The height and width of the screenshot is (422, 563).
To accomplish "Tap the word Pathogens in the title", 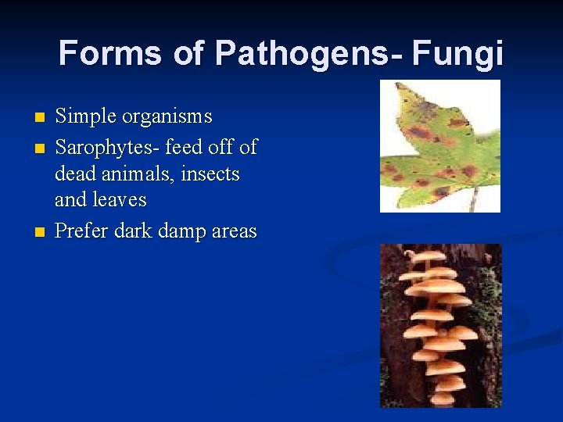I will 301,53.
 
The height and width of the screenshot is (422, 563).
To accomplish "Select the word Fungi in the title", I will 457,53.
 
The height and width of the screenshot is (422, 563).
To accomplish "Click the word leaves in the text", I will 122,199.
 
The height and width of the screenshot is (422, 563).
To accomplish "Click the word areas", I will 233,231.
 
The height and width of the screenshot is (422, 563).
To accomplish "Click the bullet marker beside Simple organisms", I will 40,118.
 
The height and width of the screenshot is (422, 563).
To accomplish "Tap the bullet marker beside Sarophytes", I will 40,148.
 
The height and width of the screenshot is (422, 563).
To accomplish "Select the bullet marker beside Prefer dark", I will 40,233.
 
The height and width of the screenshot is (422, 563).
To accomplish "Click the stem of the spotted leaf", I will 473,199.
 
